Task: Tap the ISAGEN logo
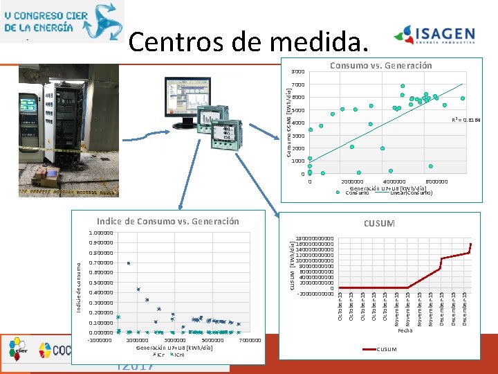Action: tap(434, 36)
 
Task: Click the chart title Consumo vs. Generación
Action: tap(380, 65)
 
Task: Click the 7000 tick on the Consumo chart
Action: tap(298, 85)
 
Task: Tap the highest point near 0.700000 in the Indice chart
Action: tap(129, 263)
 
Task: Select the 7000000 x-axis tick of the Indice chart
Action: tap(249, 340)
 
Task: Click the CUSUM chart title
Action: tap(379, 224)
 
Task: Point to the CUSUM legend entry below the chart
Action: tap(382, 349)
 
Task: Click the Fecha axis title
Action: tap(405, 330)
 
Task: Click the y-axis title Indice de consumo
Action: tap(80, 285)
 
